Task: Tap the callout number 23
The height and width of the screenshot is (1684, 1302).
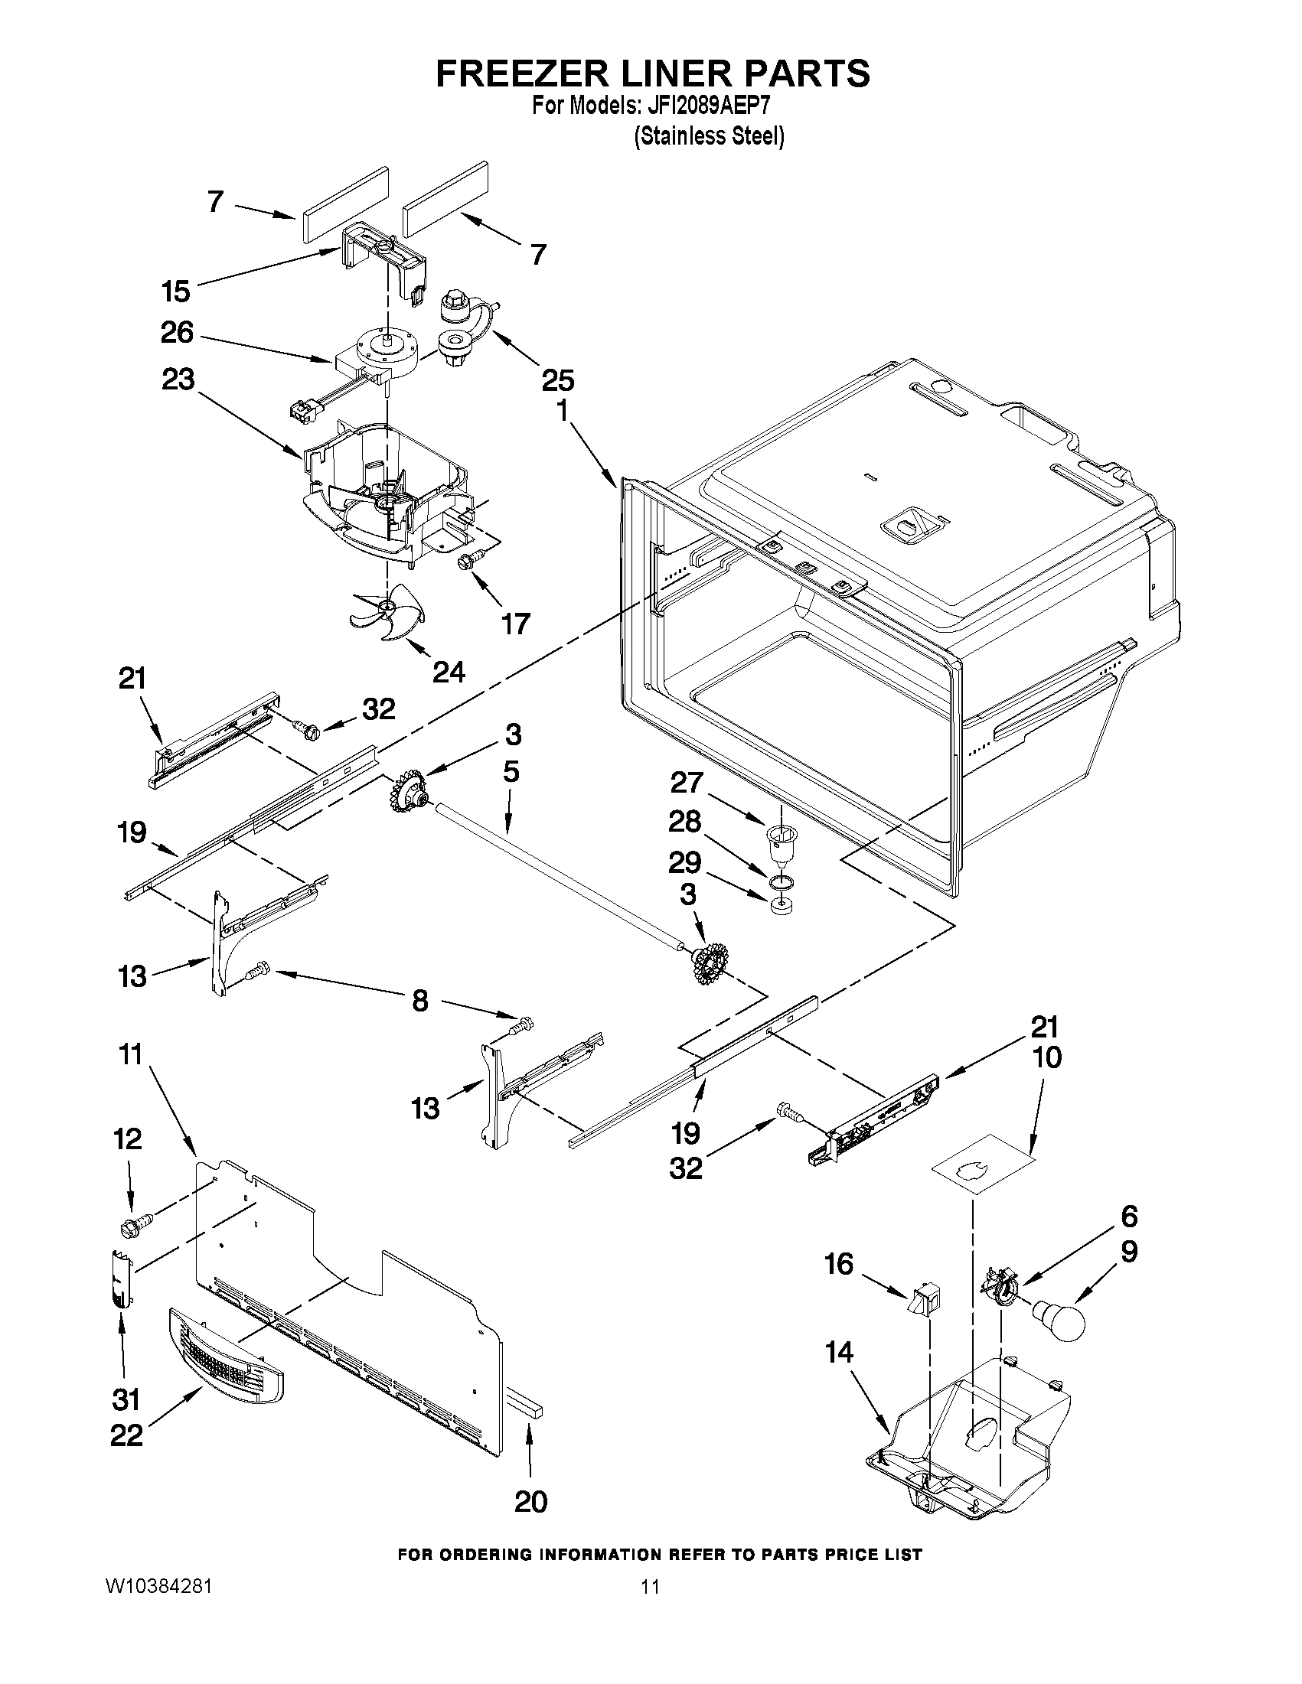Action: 178,380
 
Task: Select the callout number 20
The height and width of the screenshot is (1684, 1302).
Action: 530,1501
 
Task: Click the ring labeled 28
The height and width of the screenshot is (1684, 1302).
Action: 780,881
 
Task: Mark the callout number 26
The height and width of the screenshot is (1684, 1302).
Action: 177,333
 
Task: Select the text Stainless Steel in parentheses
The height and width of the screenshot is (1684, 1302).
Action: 709,136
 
